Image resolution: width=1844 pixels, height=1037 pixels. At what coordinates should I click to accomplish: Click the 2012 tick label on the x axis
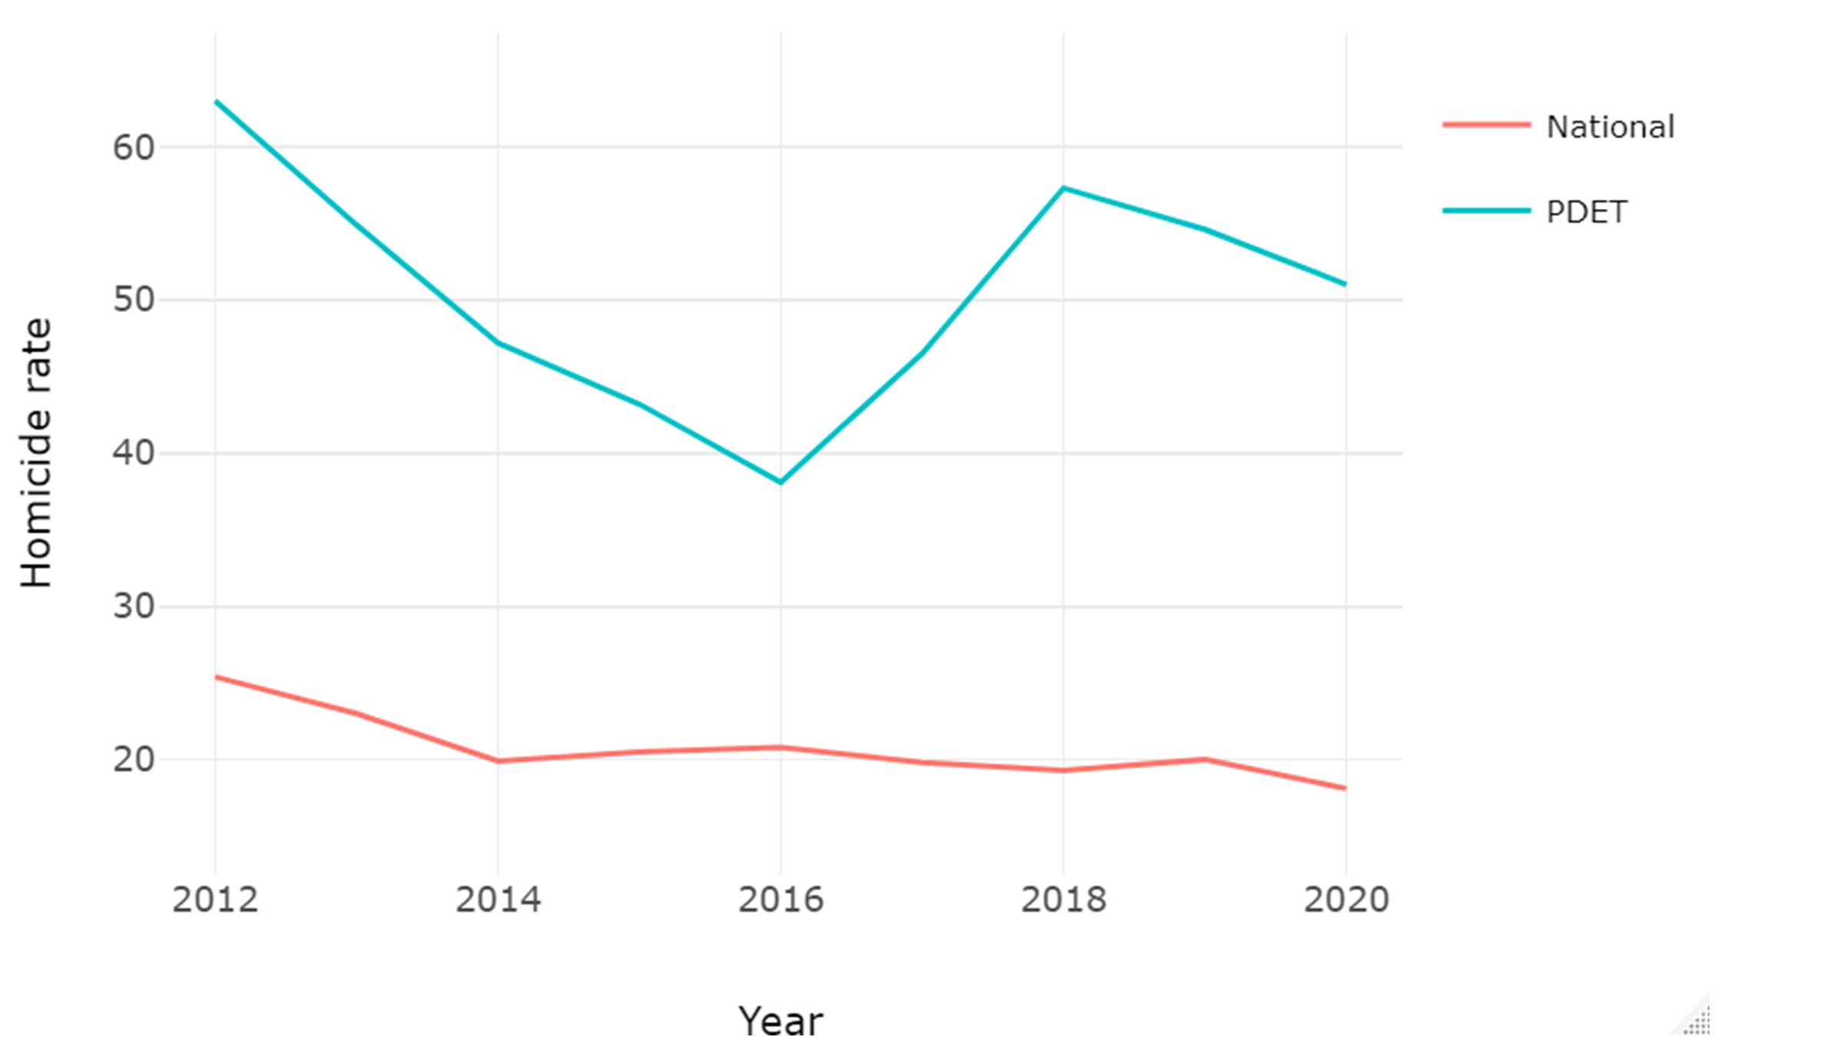215,900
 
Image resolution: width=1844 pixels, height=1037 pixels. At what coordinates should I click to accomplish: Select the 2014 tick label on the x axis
498,900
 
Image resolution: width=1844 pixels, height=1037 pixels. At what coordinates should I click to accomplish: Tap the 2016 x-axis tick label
781,900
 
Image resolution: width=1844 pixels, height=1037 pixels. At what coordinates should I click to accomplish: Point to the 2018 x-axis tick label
1063,900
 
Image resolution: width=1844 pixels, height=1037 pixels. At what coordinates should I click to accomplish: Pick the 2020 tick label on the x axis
1346,900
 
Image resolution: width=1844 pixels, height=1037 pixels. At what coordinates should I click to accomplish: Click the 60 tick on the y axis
134,147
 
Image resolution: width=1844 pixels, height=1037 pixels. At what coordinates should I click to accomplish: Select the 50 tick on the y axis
134,300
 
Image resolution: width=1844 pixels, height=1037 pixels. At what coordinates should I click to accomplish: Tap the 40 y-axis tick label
134,453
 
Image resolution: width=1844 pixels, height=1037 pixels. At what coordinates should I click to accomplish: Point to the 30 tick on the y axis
134,607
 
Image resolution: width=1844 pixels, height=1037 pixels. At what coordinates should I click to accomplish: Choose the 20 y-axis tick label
134,760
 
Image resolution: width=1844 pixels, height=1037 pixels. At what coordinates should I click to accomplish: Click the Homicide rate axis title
36,453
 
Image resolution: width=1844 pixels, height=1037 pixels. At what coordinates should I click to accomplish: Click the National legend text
1610,127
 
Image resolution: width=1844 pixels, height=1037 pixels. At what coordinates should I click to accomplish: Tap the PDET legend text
1586,212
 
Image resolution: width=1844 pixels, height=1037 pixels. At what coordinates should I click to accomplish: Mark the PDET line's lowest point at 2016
781,482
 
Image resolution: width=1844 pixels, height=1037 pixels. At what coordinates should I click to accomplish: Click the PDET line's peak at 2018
1063,187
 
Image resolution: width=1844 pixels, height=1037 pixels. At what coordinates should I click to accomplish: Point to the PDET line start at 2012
216,101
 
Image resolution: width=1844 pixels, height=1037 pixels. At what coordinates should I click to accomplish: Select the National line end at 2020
1345,788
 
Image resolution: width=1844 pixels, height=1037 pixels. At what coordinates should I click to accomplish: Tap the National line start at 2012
216,677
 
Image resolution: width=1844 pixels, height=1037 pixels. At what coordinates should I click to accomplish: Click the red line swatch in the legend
1486,124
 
